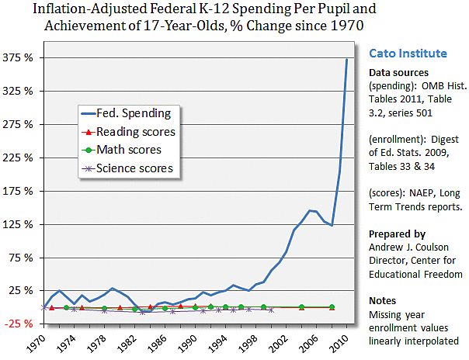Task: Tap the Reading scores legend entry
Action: [139, 132]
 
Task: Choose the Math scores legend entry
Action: [133, 150]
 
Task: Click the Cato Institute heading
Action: [406, 54]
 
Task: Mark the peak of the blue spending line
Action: [346, 59]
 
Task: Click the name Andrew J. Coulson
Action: [408, 246]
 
